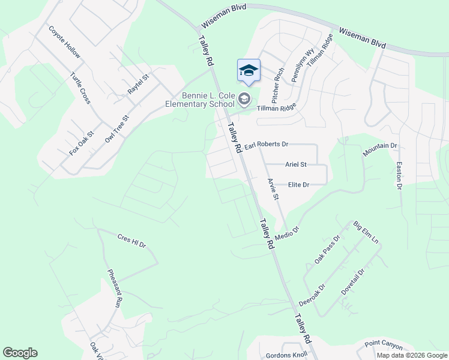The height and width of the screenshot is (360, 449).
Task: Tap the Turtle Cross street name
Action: [80, 88]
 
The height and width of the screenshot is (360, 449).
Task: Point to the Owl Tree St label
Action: [117, 129]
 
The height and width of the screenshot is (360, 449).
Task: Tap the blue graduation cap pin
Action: [249, 71]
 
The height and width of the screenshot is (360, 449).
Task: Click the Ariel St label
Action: [296, 164]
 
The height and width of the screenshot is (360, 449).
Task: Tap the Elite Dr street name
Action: [298, 185]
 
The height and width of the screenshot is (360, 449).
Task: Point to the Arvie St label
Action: [273, 188]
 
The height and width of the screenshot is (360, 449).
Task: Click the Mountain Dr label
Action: [380, 150]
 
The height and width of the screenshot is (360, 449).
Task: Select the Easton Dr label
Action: [398, 175]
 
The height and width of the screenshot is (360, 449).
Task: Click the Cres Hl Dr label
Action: [132, 241]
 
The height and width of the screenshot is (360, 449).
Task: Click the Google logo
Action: [20, 353]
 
